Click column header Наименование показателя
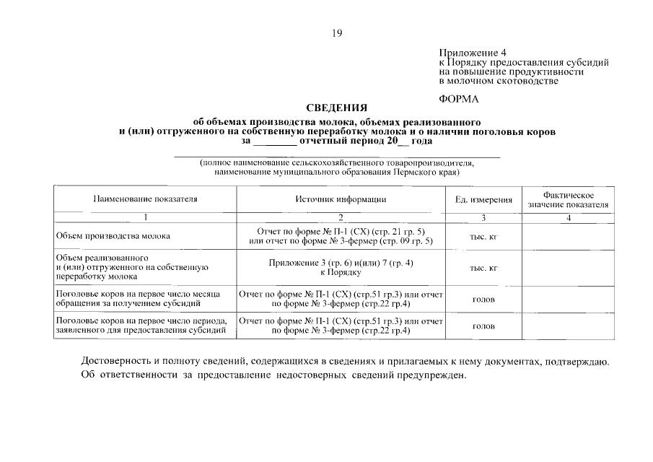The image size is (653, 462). point(145,199)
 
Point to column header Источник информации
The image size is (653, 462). point(341,199)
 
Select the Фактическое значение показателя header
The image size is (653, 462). point(568,200)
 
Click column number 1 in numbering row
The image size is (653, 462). point(145,217)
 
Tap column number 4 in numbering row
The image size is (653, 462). point(568,217)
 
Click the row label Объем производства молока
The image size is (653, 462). point(113,236)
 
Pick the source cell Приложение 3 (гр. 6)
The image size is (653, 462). point(341,268)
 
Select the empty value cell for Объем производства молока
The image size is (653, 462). point(568,236)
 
